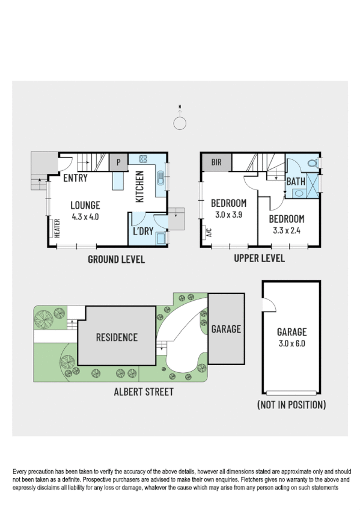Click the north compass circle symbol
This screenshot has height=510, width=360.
(180, 123)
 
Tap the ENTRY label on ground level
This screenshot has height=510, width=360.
(75, 178)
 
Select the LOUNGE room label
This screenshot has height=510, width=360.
(85, 204)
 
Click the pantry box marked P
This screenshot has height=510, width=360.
(118, 162)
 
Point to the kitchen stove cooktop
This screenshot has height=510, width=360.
(144, 160)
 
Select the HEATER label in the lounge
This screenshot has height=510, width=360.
(58, 229)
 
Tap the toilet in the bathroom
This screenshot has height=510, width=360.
(311, 163)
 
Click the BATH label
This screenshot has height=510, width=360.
(296, 181)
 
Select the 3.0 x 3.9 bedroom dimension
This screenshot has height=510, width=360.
(229, 214)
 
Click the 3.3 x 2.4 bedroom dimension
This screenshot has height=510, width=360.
(286, 230)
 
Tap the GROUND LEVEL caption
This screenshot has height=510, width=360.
(116, 259)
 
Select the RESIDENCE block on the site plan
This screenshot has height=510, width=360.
(117, 337)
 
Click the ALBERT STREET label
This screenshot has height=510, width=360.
(144, 392)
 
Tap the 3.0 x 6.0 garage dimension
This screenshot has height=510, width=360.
(291, 343)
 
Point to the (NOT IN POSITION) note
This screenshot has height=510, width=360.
(291, 405)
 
